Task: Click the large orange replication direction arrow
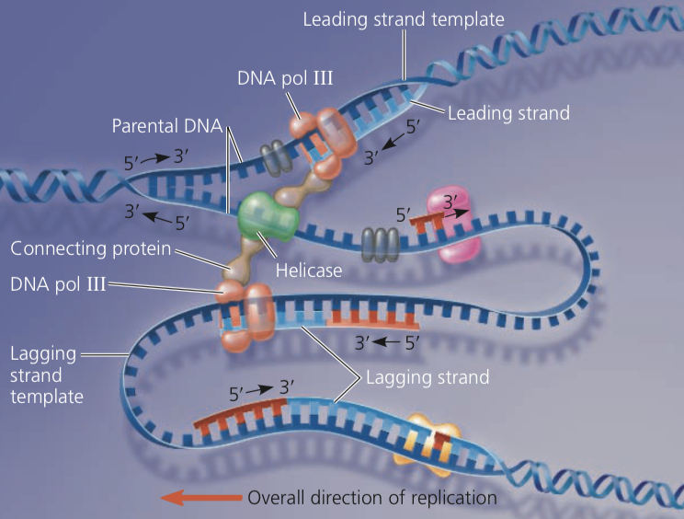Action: [x=199, y=498]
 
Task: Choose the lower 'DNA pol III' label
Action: [x=54, y=285]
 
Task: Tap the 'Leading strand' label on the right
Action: [x=508, y=113]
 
